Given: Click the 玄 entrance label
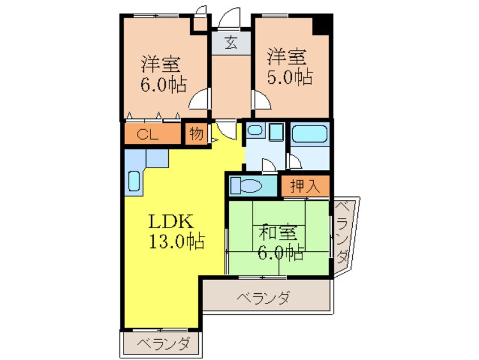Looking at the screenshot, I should (x=230, y=44).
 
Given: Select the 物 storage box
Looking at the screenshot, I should (x=196, y=135).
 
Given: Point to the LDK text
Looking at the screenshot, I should (x=172, y=221).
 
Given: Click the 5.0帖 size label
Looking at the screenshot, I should (x=287, y=76).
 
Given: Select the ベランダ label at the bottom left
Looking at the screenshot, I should (x=161, y=343).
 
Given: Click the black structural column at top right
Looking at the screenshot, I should (x=323, y=25).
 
